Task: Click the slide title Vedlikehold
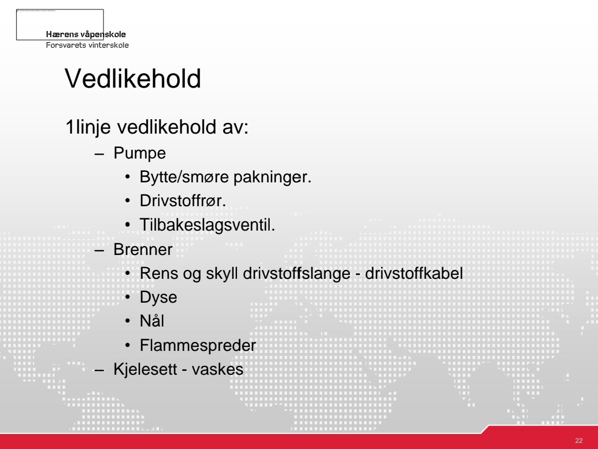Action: (133, 79)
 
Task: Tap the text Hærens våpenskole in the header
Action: (86, 34)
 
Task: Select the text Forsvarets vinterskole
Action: (87, 45)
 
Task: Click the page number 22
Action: (579, 441)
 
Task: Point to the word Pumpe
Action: (140, 154)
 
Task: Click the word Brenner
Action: (143, 250)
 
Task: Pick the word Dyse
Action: (158, 298)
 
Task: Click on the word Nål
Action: (152, 322)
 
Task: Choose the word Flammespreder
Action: (198, 346)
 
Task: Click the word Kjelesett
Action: (146, 370)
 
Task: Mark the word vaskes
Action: (218, 370)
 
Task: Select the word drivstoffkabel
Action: (414, 274)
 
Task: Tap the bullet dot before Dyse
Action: (128, 298)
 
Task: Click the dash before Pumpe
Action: (100, 154)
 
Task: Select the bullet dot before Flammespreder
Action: (128, 346)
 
